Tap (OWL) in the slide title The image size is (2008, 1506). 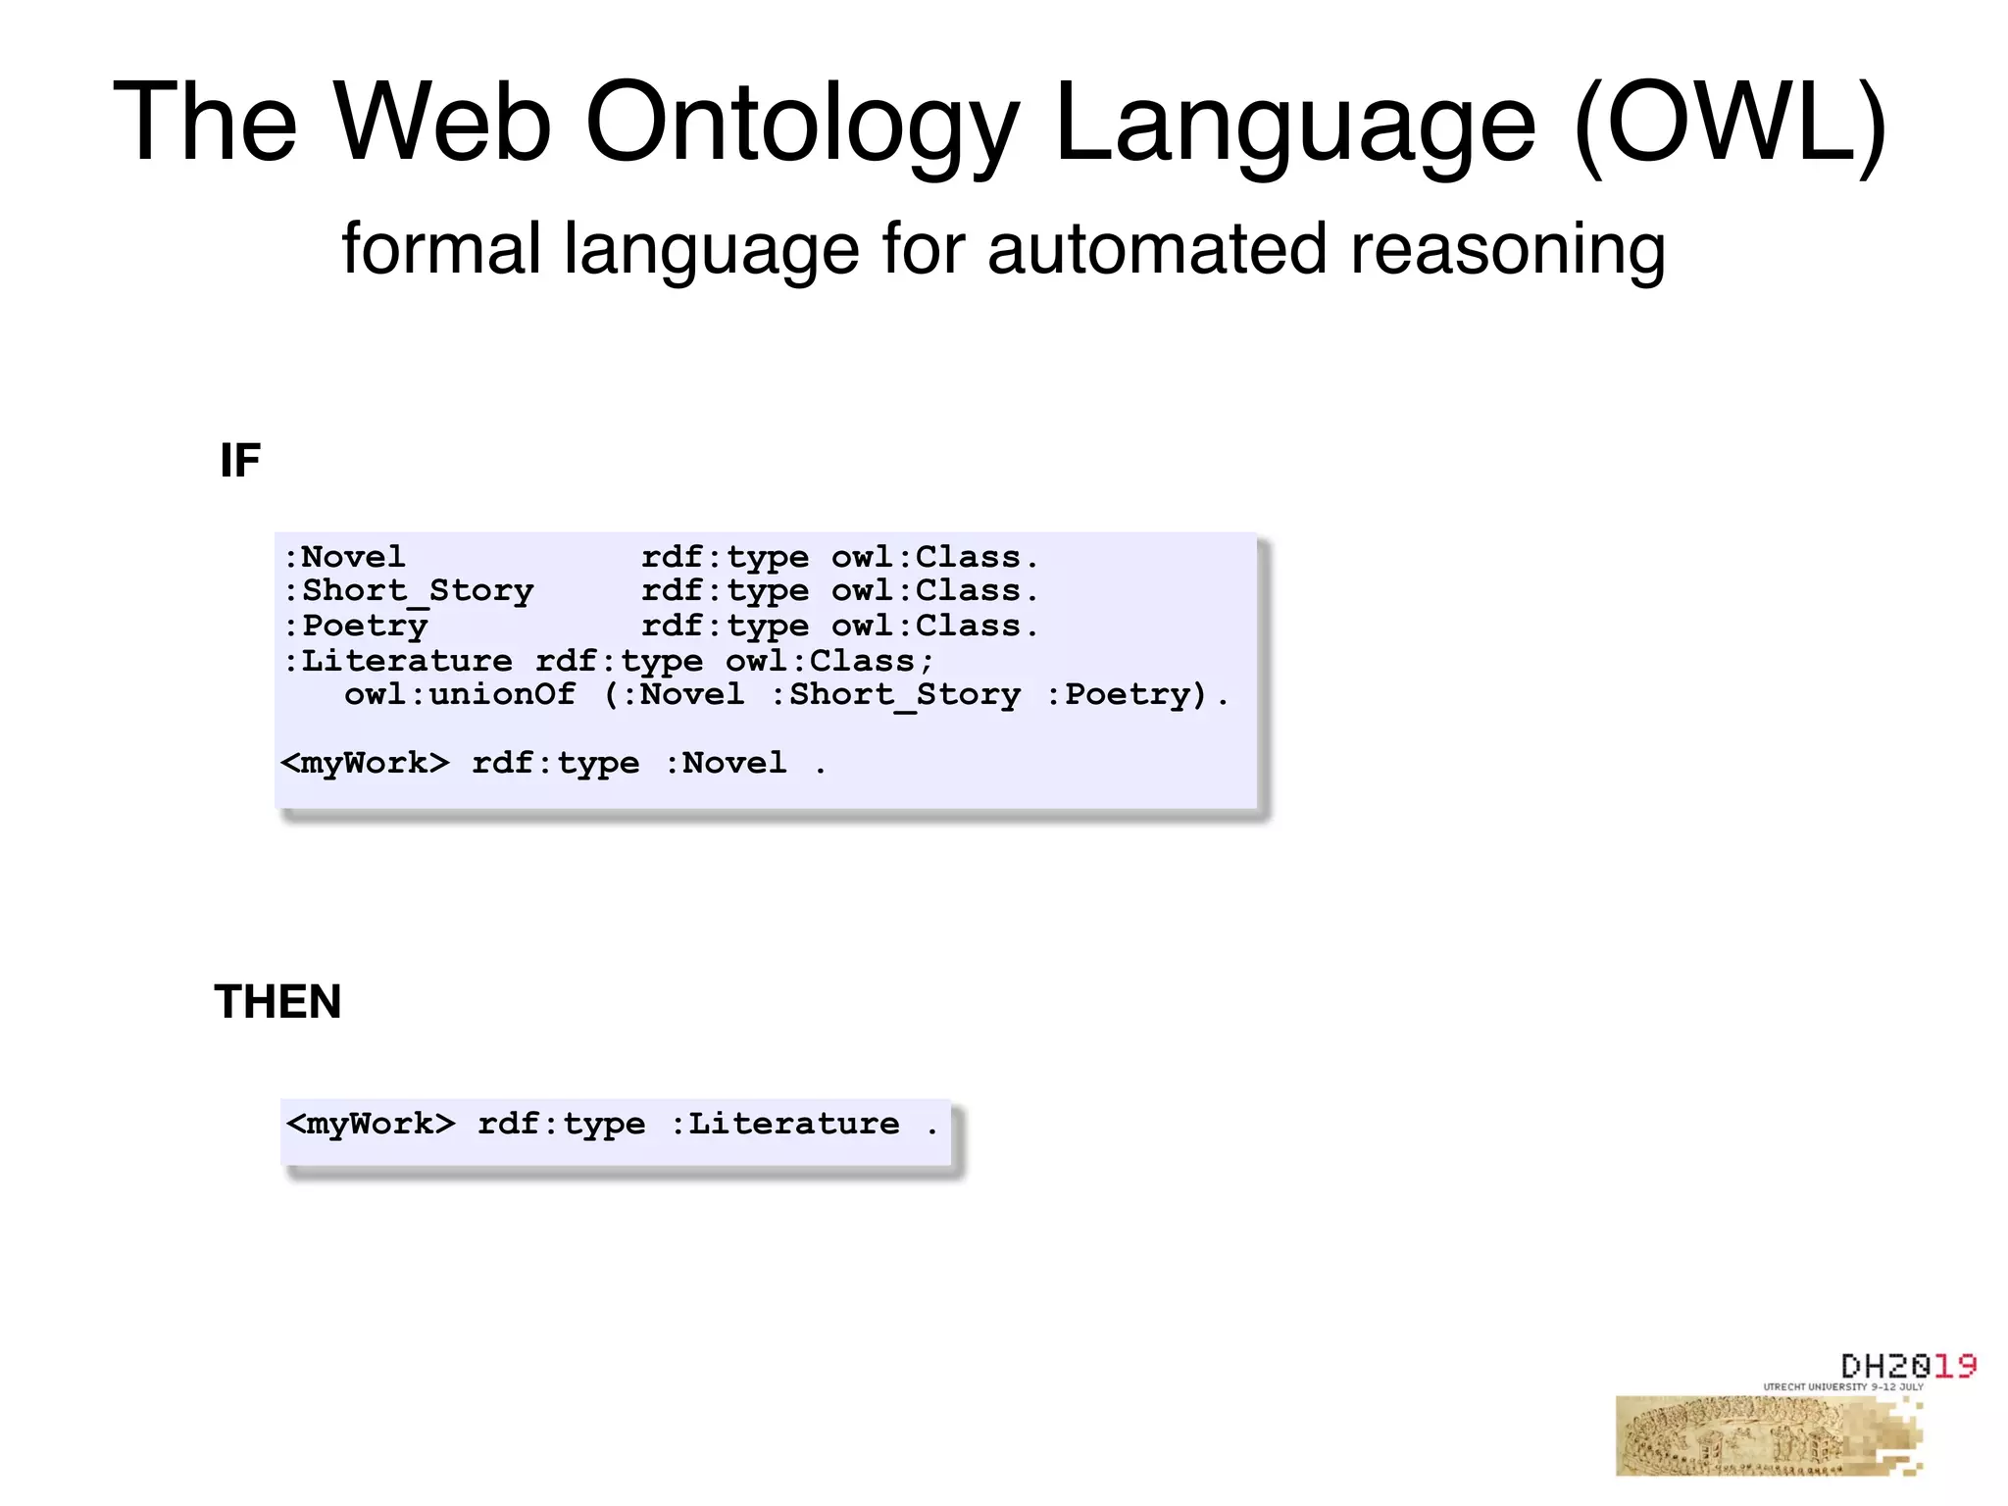click(1730, 124)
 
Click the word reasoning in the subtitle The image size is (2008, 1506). click(1507, 251)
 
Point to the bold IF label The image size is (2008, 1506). click(240, 460)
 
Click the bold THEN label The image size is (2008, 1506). click(277, 1002)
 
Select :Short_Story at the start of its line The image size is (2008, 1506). click(409, 590)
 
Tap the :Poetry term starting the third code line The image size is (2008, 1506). click(356, 626)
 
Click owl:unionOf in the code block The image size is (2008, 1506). click(459, 694)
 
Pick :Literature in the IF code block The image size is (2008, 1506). click(398, 660)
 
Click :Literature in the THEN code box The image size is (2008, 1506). click(784, 1124)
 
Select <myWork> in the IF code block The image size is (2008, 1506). click(365, 763)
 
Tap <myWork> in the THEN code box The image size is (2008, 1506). click(371, 1124)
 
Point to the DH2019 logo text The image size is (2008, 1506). click(1908, 1366)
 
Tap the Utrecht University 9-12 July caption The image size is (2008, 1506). click(1843, 1387)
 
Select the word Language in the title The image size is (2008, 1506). click(1295, 124)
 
